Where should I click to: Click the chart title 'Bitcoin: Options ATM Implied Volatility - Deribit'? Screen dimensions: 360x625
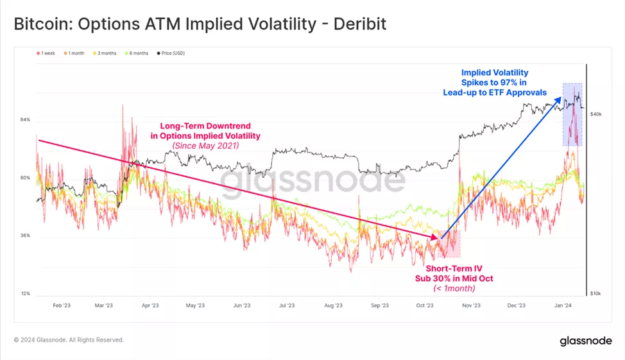click(200, 24)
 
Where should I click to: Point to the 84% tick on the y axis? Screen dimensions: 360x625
click(26, 120)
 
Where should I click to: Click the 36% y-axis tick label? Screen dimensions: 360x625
click(26, 236)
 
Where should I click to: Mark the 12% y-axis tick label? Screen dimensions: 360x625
click(26, 293)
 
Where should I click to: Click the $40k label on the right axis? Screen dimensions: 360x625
click(595, 114)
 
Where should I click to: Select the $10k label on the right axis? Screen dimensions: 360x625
click(595, 293)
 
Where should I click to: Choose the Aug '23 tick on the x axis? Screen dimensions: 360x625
click(333, 306)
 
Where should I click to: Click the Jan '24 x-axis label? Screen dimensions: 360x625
click(563, 306)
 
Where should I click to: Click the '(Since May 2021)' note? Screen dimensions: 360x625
click(205, 146)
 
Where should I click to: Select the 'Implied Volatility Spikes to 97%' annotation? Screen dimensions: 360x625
click(494, 82)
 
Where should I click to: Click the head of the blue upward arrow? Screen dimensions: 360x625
click(560, 98)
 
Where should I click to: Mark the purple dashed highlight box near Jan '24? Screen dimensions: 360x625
click(572, 114)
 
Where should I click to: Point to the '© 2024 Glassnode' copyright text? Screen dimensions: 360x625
click(69, 340)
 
